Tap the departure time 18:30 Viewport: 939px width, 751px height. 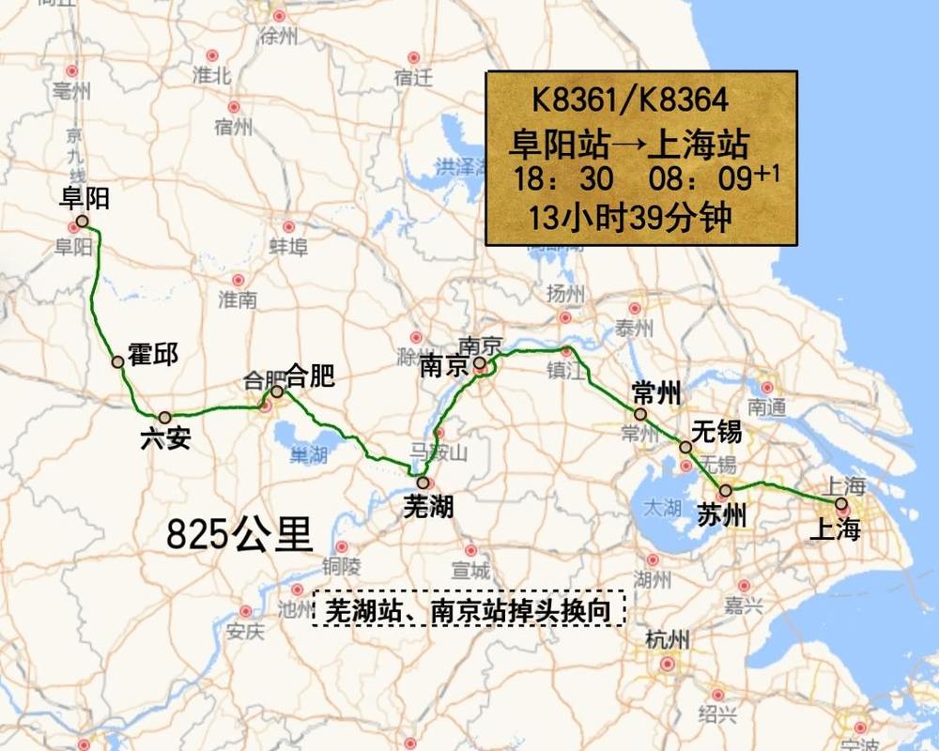click(x=562, y=178)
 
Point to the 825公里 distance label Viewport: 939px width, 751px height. click(x=239, y=535)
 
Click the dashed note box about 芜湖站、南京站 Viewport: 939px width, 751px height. click(x=469, y=609)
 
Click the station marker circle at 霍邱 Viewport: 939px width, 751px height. click(x=118, y=361)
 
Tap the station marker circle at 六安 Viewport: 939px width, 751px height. click(x=165, y=417)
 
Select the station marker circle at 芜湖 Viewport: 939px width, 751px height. click(x=423, y=483)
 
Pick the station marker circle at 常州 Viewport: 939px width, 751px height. click(x=640, y=414)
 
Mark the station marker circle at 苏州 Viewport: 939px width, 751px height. click(x=725, y=490)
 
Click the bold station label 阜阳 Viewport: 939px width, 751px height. click(x=84, y=198)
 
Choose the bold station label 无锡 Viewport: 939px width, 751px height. click(x=716, y=432)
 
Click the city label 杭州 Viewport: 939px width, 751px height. click(x=668, y=641)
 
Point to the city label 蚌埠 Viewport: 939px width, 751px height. click(x=288, y=248)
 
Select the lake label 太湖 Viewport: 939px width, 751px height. click(x=661, y=508)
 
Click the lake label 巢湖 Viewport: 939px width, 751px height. click(x=308, y=455)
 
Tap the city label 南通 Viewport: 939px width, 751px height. click(x=766, y=407)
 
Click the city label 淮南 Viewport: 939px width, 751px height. click(x=237, y=300)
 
